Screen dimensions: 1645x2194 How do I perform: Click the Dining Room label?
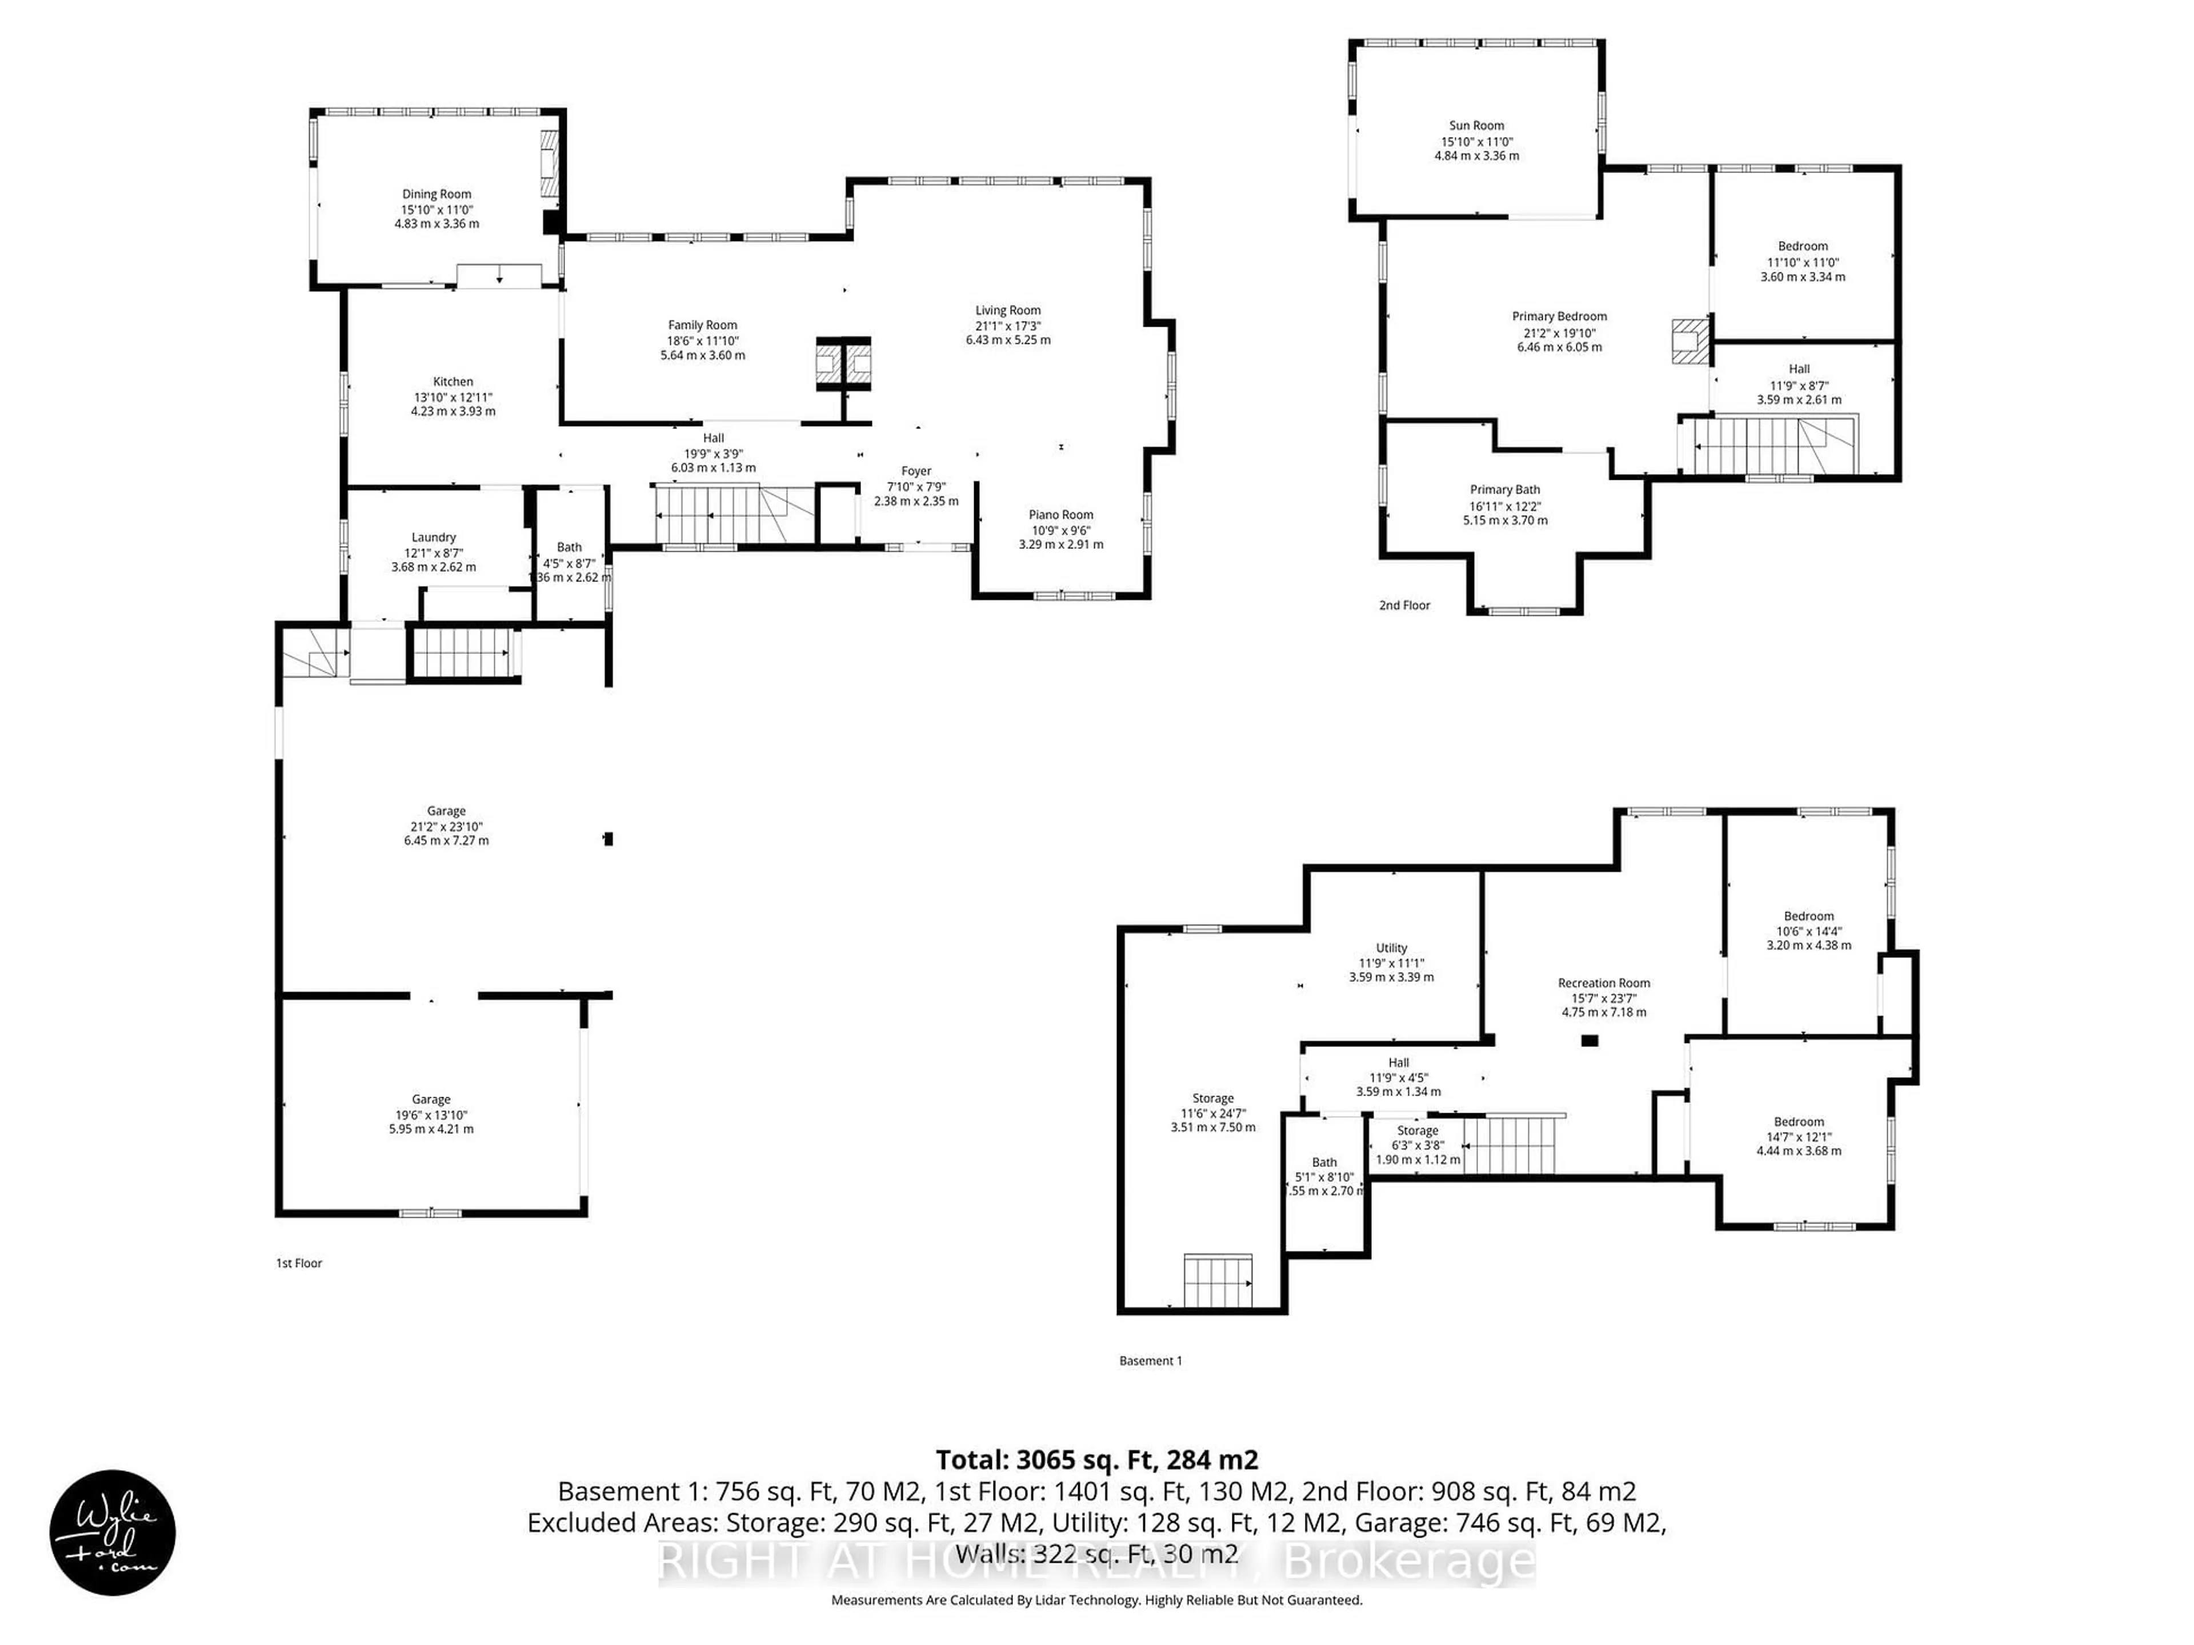[437, 194]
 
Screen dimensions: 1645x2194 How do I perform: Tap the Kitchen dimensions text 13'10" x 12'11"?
[453, 396]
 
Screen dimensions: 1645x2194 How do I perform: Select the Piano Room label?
[1060, 515]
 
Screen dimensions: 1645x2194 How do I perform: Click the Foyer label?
[915, 472]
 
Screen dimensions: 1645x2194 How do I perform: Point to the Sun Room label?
[1476, 126]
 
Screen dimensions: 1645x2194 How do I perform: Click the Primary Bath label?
[1504, 490]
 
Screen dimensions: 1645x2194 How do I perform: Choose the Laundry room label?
[434, 537]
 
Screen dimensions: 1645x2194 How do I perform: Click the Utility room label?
[1391, 948]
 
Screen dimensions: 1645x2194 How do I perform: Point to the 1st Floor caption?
[299, 1263]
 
